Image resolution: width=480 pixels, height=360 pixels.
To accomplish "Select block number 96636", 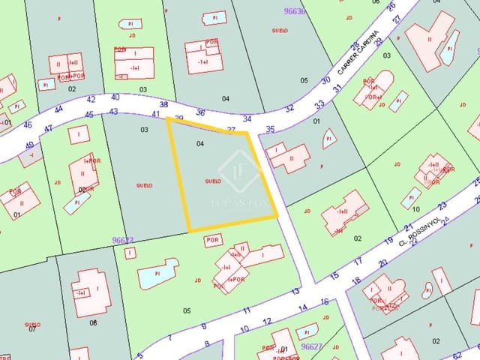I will (275, 11).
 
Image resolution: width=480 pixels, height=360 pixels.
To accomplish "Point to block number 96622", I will (122, 240).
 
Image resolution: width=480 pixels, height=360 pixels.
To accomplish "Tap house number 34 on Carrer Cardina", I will (247, 118).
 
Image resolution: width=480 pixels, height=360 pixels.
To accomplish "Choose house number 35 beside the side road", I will (270, 130).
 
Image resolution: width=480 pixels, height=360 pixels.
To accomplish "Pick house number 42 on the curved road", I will (91, 99).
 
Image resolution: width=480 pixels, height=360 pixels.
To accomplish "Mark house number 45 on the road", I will (89, 115).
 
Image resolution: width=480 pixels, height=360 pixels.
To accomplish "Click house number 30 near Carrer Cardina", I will (325, 80).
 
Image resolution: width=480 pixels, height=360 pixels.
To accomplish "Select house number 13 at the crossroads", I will (295, 291).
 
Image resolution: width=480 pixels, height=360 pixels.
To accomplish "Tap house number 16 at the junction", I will (324, 301).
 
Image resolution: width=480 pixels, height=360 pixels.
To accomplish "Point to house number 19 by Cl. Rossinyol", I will (388, 240).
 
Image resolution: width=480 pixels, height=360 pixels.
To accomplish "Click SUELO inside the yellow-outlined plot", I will (212, 181).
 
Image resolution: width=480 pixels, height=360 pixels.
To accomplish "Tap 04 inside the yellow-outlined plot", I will (199, 142).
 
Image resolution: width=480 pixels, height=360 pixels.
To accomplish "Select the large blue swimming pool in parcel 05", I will (157, 274).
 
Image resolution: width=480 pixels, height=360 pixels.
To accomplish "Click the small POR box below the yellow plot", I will (213, 240).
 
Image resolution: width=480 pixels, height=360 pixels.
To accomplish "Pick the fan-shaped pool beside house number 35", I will (328, 138).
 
